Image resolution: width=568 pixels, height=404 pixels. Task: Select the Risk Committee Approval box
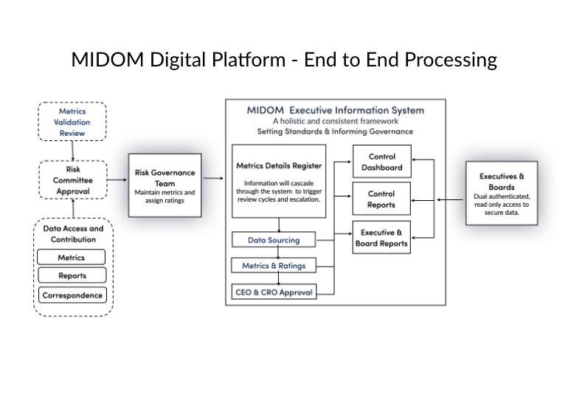(x=72, y=179)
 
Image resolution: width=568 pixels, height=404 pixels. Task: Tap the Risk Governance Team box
(x=164, y=185)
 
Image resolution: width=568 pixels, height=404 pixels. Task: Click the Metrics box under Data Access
(x=72, y=258)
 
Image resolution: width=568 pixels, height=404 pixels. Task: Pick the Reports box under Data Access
(x=72, y=275)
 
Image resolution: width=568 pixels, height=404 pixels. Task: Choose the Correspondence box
(x=72, y=295)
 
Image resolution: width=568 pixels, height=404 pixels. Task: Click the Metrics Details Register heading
(x=278, y=166)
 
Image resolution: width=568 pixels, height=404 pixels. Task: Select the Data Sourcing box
(x=273, y=240)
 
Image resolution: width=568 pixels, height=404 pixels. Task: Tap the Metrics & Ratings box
(x=273, y=265)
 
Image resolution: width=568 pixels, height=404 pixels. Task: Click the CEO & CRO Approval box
(x=273, y=292)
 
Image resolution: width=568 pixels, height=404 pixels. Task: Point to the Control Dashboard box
(x=381, y=162)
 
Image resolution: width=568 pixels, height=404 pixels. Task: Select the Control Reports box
(x=381, y=199)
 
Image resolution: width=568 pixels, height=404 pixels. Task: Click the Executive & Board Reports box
(x=381, y=238)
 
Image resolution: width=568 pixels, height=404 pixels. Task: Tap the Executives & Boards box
(x=502, y=194)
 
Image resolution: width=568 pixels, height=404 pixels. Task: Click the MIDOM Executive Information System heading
(x=335, y=110)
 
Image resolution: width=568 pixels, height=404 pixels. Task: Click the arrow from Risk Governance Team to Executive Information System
(x=213, y=178)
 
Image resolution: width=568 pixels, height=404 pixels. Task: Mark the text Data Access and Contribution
(x=72, y=234)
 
